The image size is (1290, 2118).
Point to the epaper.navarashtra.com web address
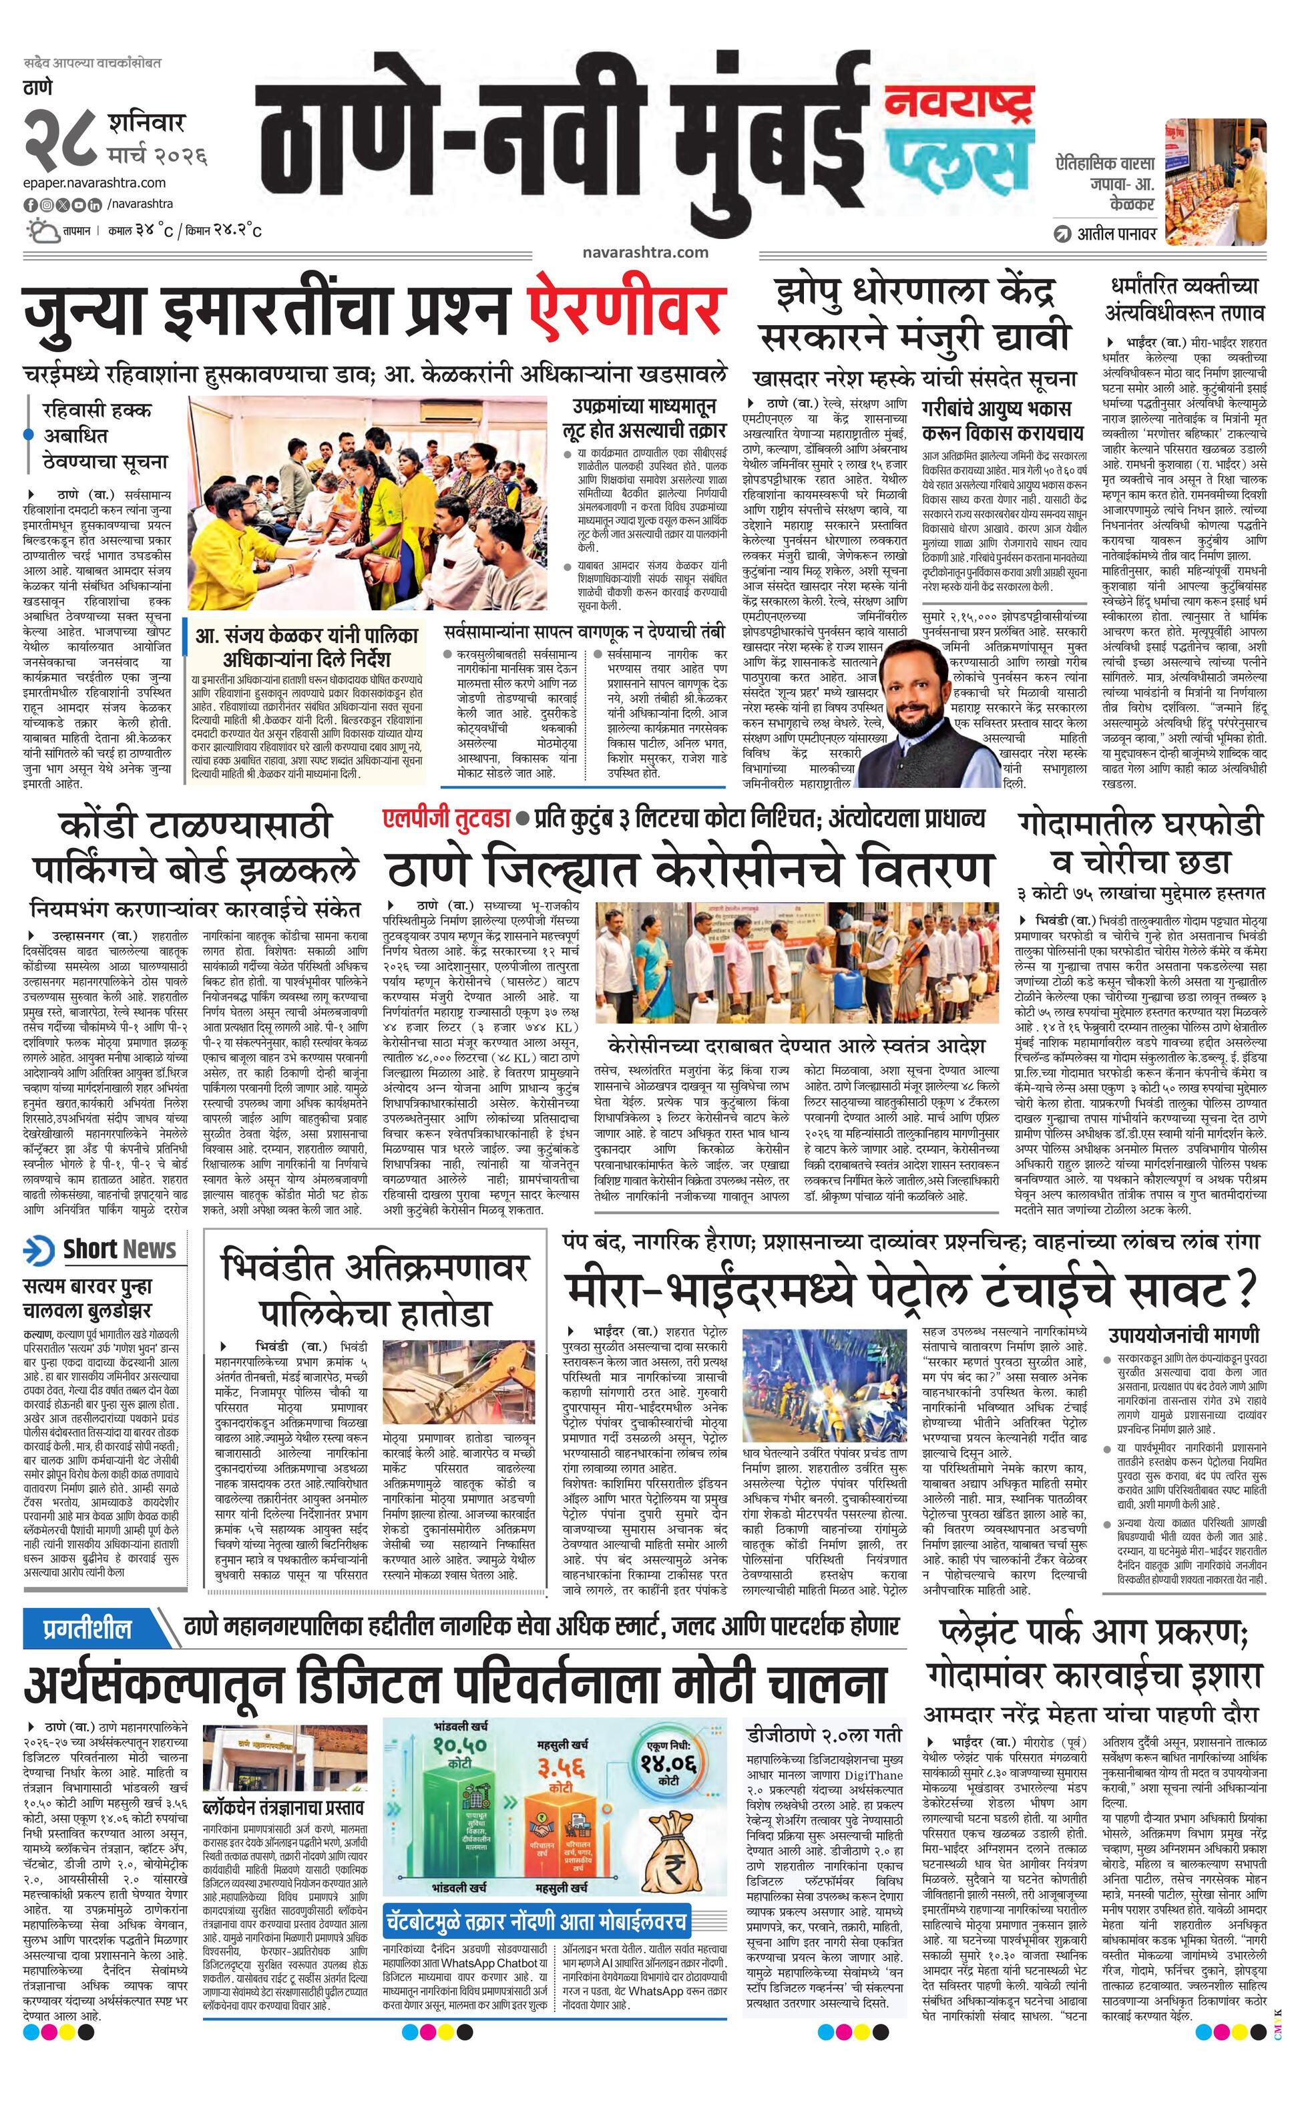95,182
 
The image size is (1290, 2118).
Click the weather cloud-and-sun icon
40,230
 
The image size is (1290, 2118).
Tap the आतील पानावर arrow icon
1063,233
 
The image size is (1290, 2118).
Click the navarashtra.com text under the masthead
644,252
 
